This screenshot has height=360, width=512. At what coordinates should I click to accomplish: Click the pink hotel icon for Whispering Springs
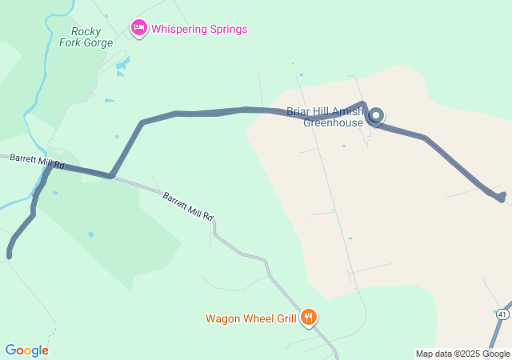(x=139, y=29)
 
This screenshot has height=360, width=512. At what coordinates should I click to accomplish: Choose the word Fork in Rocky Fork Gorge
(x=70, y=42)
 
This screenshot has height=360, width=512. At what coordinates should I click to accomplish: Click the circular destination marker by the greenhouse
(x=375, y=115)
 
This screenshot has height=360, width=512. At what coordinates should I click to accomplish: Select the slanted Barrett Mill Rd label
(x=189, y=206)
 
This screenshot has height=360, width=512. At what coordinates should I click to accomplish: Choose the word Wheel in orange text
(x=258, y=318)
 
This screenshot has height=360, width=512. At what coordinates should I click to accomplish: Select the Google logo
(x=26, y=350)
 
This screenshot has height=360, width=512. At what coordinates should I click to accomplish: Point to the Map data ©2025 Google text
(x=462, y=354)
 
